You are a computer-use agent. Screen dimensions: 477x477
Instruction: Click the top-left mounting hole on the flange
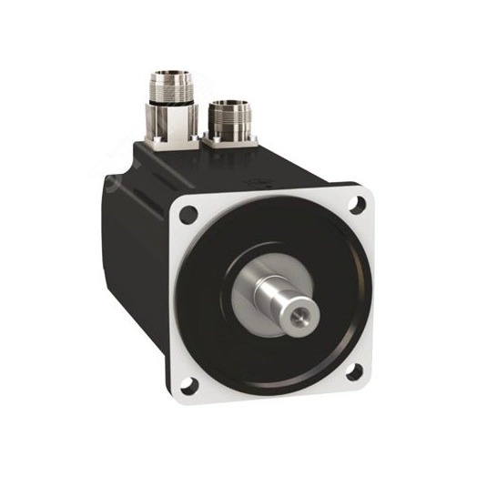click(188, 217)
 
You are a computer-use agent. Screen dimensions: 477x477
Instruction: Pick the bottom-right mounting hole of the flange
click(356, 370)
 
